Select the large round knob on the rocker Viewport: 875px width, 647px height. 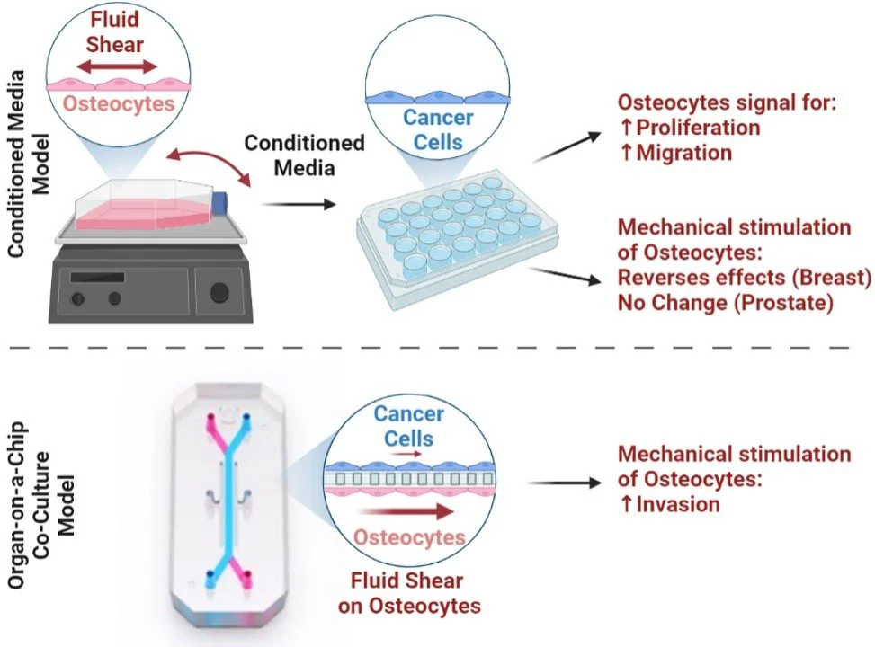coord(219,292)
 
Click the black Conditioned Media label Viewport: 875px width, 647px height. coord(304,155)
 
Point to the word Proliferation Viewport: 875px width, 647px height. coord(697,128)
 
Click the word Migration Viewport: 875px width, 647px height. coord(683,153)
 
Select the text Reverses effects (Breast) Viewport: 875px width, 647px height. coord(745,278)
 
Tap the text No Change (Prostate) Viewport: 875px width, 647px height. coord(722,303)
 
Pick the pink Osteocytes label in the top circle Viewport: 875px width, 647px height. coord(119,103)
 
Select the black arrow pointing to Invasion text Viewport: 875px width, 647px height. coord(565,483)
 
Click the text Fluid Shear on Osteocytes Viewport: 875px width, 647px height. coord(409,592)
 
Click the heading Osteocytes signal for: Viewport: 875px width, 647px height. coord(726,103)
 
